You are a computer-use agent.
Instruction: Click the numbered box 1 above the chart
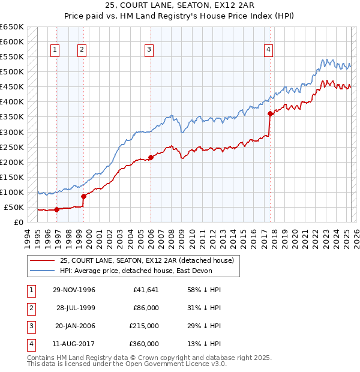(x=55, y=50)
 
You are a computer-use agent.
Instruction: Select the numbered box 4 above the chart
(x=269, y=50)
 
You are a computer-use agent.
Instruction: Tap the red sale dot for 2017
(x=271, y=113)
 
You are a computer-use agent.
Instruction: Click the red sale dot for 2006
(x=151, y=157)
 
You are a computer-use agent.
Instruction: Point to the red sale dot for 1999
(x=83, y=196)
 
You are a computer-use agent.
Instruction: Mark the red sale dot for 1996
(x=56, y=209)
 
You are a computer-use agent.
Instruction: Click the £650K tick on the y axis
(x=12, y=27)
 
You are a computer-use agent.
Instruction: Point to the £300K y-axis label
(x=12, y=132)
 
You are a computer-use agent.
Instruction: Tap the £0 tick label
(x=18, y=222)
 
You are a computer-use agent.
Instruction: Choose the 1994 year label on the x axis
(x=28, y=237)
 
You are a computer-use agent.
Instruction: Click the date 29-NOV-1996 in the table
(x=74, y=290)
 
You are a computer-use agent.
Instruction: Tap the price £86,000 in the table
(x=146, y=308)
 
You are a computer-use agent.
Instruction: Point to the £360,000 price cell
(x=144, y=344)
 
